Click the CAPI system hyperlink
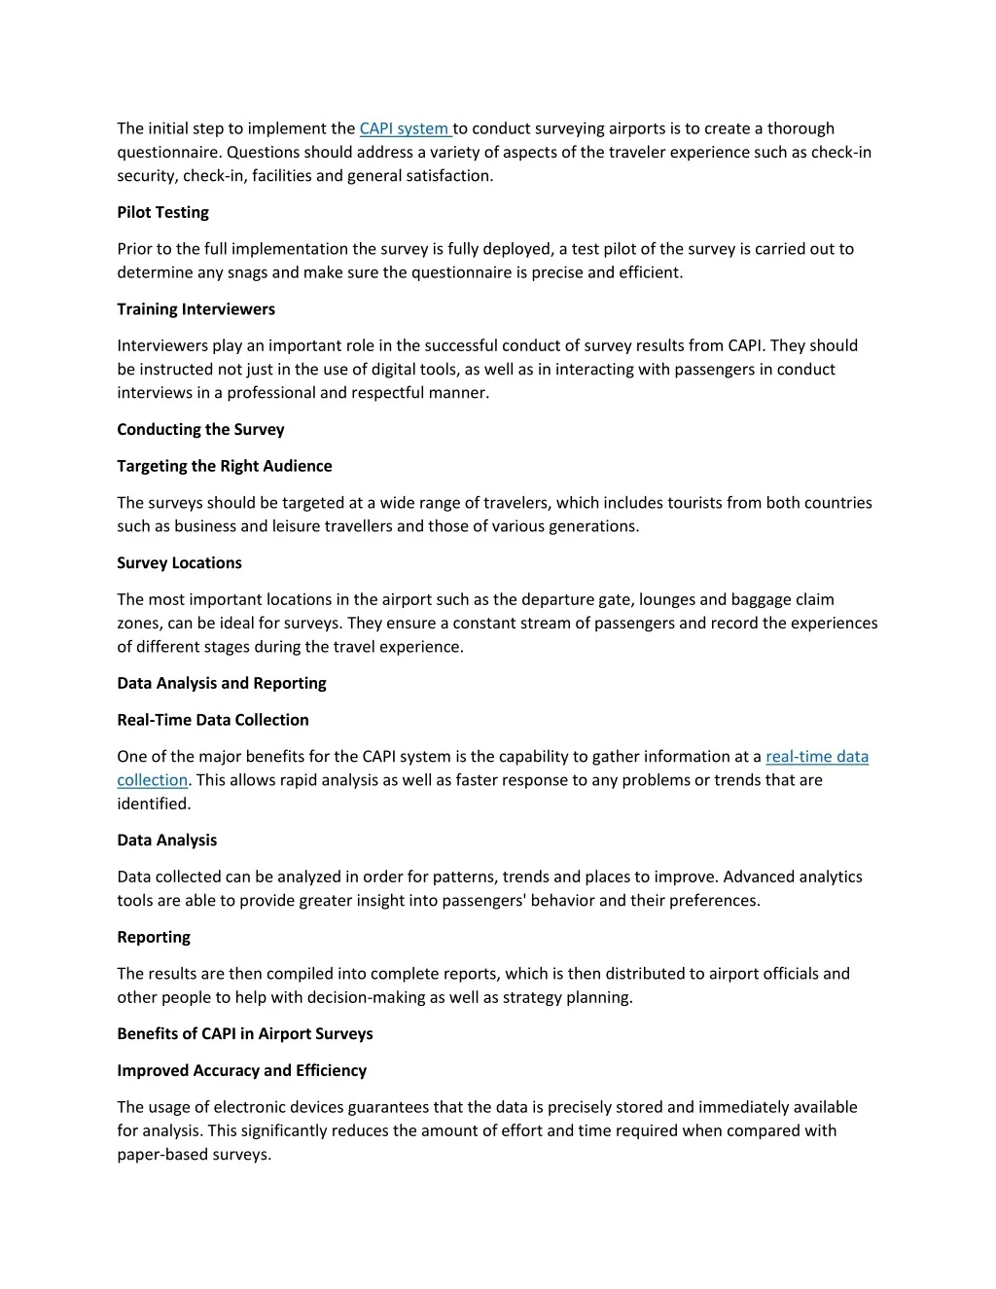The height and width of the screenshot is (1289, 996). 404,128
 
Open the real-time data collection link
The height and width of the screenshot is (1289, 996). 817,757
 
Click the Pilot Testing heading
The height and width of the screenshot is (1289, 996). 162,212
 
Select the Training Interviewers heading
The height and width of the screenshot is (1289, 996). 196,309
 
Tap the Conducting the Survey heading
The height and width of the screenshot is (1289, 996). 200,429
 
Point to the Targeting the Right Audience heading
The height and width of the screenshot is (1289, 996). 224,466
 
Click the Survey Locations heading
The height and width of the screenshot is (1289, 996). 179,563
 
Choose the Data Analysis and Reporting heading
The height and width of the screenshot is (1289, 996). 221,683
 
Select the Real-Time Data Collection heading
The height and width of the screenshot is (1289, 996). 212,720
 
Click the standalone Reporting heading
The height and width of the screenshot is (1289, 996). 154,937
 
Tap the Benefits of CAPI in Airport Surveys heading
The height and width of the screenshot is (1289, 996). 244,1033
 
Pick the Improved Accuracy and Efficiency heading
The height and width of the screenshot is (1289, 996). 241,1070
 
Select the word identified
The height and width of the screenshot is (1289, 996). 154,804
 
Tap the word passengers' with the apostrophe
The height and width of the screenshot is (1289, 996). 484,901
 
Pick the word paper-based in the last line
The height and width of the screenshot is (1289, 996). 161,1155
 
